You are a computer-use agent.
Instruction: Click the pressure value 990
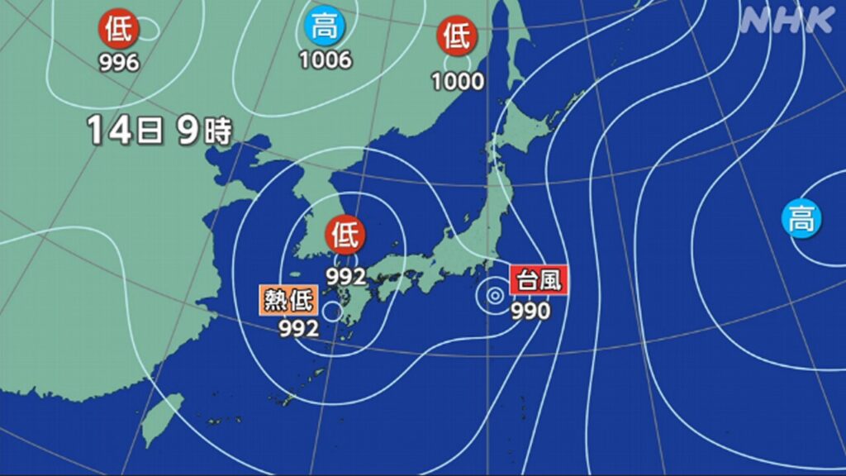(x=531, y=312)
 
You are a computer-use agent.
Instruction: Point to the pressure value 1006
(x=325, y=60)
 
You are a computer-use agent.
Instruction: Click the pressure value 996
(x=119, y=63)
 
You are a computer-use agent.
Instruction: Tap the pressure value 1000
(x=458, y=81)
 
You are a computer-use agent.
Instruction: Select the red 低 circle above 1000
(x=457, y=36)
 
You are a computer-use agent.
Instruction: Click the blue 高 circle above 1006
(x=325, y=27)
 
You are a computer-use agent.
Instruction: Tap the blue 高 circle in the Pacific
(x=801, y=219)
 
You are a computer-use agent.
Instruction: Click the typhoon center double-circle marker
(x=494, y=294)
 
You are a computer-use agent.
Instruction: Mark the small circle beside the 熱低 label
(x=332, y=311)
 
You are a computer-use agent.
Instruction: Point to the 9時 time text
(x=204, y=131)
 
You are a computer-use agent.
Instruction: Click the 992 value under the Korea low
(x=345, y=277)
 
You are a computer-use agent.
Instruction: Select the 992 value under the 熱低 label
(x=299, y=329)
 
